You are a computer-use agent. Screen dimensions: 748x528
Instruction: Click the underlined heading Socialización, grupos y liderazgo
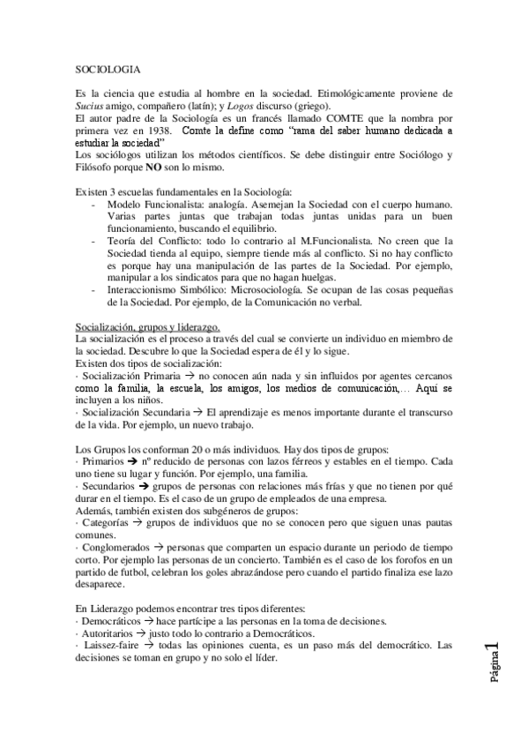click(147, 327)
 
